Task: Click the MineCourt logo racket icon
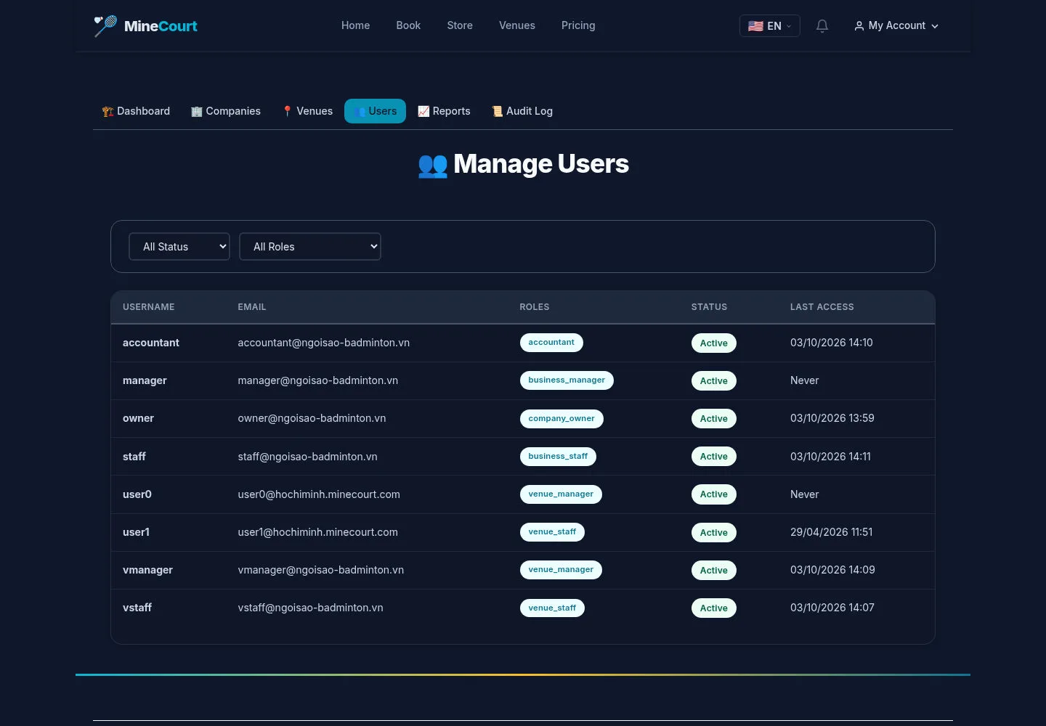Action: click(105, 25)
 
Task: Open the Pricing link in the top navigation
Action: click(578, 25)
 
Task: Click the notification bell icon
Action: click(822, 25)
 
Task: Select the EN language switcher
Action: click(769, 25)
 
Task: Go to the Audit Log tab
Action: click(522, 111)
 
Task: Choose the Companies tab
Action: click(225, 111)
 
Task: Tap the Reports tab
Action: click(444, 111)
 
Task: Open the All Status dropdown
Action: click(179, 246)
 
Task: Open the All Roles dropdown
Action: click(310, 246)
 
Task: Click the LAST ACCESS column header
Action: click(822, 307)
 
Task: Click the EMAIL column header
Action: click(251, 307)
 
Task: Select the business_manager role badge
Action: click(567, 380)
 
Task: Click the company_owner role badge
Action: click(561, 418)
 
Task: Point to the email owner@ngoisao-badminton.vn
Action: click(312, 418)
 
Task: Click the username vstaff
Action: click(137, 608)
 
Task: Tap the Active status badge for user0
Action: click(713, 494)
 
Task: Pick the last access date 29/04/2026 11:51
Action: click(831, 532)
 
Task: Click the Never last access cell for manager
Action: click(804, 380)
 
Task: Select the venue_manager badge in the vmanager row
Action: click(561, 570)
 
